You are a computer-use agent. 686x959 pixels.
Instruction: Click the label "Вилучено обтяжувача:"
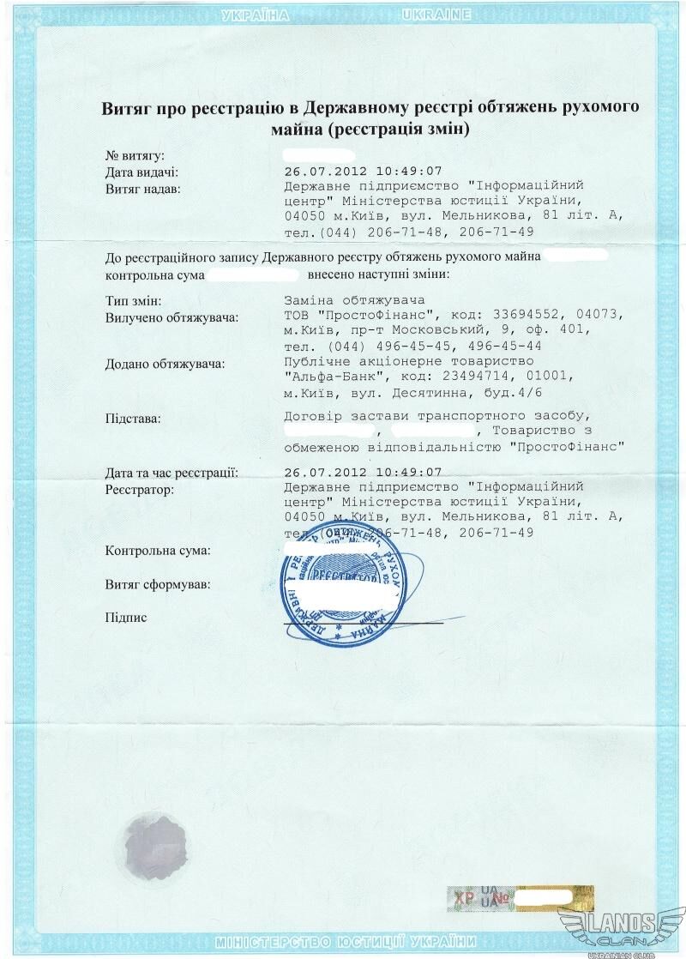[x=171, y=317]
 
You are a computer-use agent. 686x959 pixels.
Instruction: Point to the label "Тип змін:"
[x=134, y=301]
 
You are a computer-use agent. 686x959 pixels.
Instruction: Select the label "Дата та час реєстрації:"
[x=171, y=472]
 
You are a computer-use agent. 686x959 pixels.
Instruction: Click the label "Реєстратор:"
[x=140, y=489]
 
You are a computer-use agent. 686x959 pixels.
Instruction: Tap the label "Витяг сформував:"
[x=158, y=584]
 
